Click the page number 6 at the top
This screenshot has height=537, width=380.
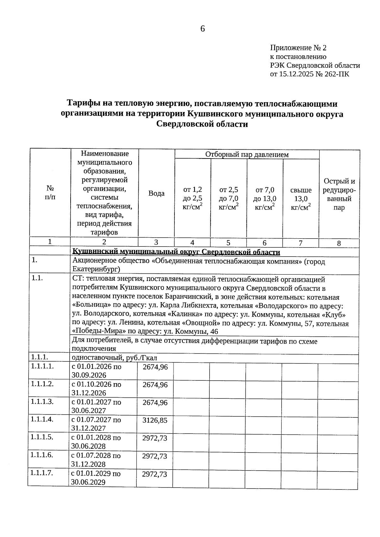(x=203, y=29)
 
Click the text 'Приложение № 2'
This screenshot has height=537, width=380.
(x=298, y=48)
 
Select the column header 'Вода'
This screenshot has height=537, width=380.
(x=156, y=193)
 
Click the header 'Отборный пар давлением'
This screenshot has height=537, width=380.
(x=247, y=154)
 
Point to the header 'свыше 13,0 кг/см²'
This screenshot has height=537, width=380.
(x=301, y=199)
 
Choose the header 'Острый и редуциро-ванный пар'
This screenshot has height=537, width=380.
(x=339, y=194)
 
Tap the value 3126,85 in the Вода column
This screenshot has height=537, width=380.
(x=155, y=420)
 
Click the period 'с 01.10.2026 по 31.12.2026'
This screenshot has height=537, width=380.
(x=96, y=389)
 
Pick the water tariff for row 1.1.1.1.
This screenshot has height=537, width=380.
(x=155, y=367)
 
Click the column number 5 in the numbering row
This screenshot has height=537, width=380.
(x=228, y=243)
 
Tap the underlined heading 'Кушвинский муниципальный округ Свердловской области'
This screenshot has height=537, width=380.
(x=176, y=252)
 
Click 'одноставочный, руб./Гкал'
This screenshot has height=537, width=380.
(x=115, y=358)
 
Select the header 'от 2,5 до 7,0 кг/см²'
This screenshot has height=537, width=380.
(x=229, y=199)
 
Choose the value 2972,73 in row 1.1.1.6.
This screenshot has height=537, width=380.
(x=155, y=456)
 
